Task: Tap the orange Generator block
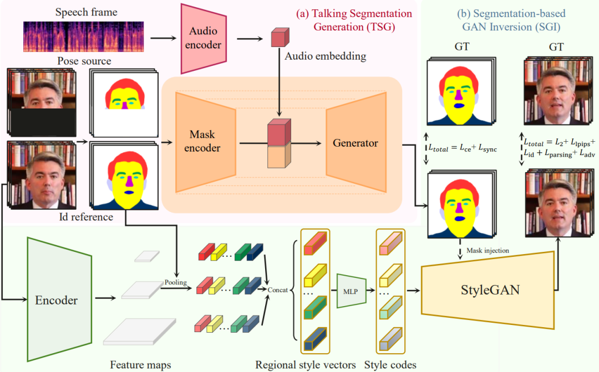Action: (355, 143)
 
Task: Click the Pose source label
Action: (84, 61)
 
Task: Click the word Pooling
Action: (175, 282)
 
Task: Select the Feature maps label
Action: (140, 364)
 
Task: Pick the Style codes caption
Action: (390, 364)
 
